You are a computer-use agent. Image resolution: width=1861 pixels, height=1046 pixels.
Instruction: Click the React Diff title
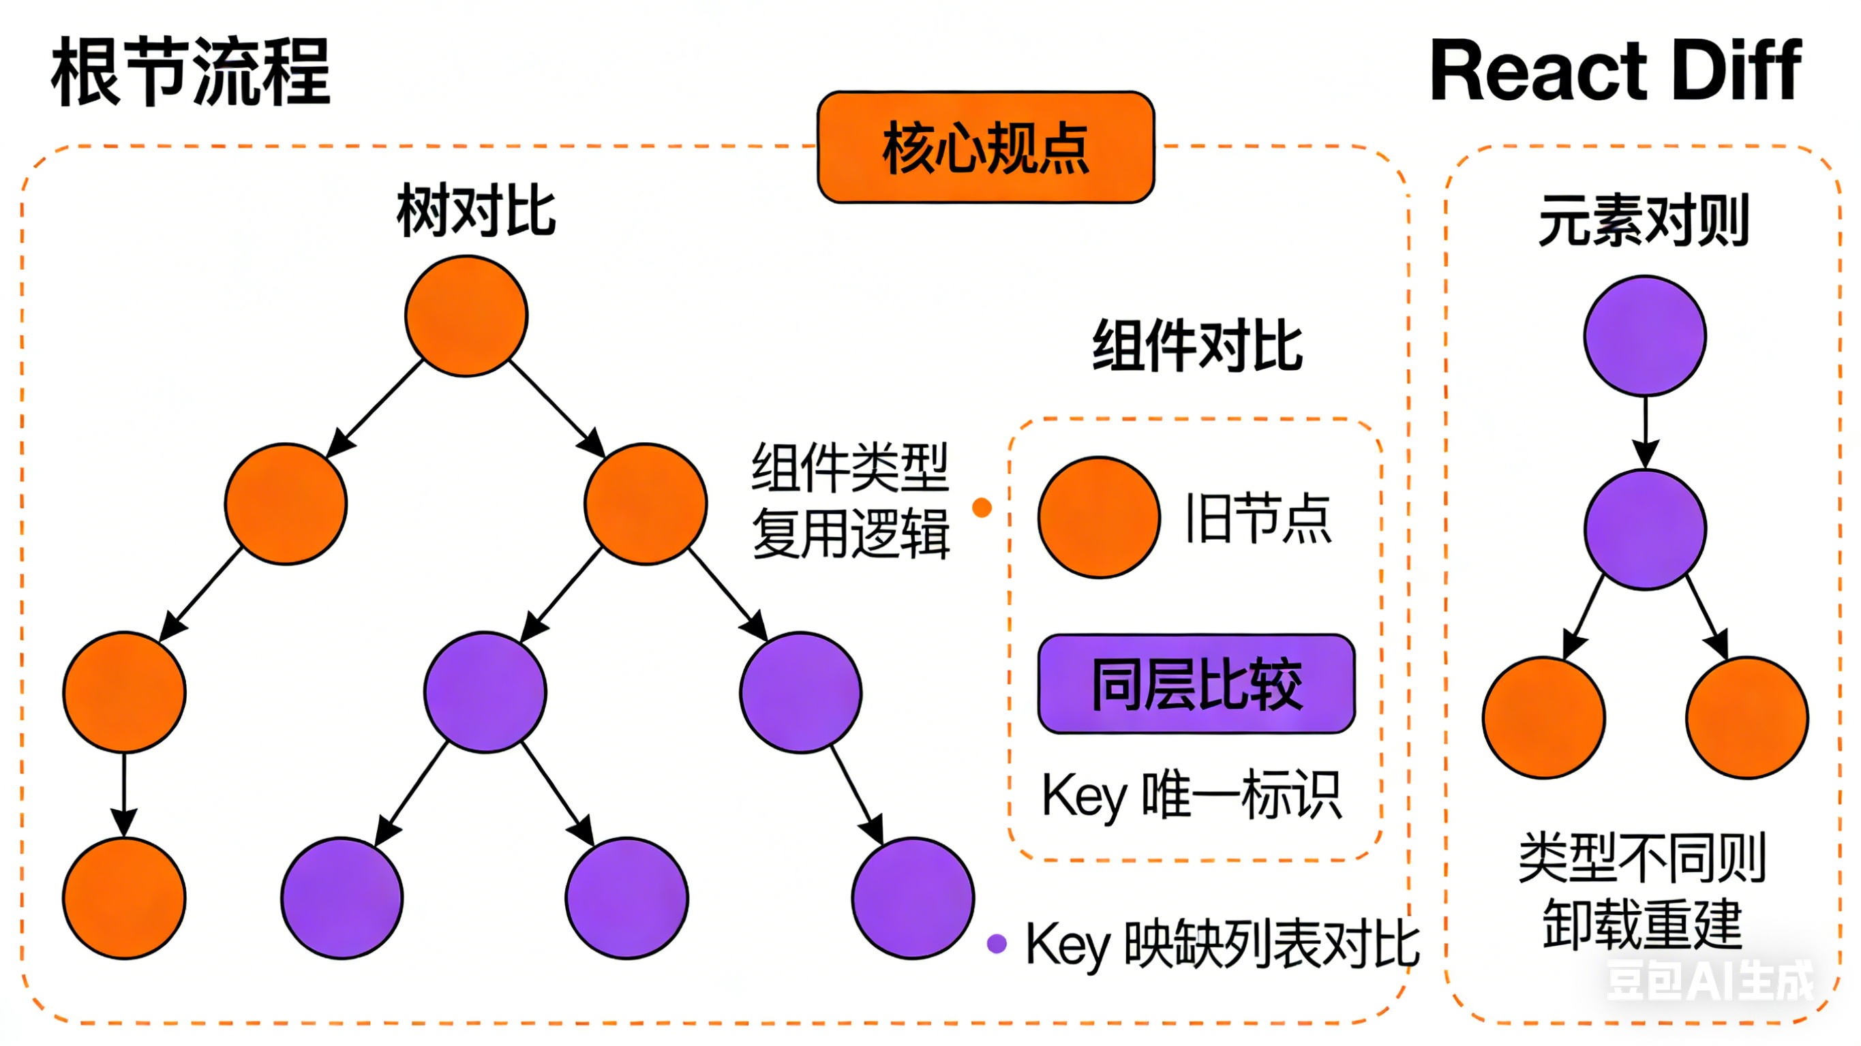pyautogui.click(x=1616, y=72)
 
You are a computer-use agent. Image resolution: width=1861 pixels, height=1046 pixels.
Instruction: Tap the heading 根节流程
pyautogui.click(x=191, y=72)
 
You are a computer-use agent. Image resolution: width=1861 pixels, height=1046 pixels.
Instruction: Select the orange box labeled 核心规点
pyautogui.click(x=986, y=147)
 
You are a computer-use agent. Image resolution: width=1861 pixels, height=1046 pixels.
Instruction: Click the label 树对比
pyautogui.click(x=476, y=211)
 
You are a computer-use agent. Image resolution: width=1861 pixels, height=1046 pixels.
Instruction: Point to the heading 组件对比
pyautogui.click(x=1198, y=347)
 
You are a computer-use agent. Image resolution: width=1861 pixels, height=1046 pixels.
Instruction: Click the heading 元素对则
pyautogui.click(x=1644, y=220)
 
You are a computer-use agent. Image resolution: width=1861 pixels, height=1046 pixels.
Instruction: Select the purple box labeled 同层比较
pyautogui.click(x=1196, y=684)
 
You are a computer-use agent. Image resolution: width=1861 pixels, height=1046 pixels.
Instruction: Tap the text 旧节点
pyautogui.click(x=1258, y=519)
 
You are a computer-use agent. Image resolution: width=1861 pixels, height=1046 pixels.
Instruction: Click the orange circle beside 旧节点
pyautogui.click(x=1099, y=517)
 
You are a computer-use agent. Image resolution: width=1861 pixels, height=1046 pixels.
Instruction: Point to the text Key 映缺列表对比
pyautogui.click(x=1222, y=944)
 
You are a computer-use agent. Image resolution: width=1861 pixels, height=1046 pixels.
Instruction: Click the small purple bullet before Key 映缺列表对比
pyautogui.click(x=997, y=943)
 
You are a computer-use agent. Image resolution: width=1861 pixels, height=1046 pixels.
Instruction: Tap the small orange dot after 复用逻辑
pyautogui.click(x=982, y=508)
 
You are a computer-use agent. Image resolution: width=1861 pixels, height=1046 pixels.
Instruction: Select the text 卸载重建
pyautogui.click(x=1642, y=924)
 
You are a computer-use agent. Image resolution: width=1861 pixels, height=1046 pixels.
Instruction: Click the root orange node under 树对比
pyautogui.click(x=467, y=316)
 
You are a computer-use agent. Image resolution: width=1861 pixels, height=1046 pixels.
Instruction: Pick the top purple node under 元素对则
pyautogui.click(x=1645, y=336)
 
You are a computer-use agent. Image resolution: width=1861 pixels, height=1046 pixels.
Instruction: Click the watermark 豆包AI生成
pyautogui.click(x=1709, y=981)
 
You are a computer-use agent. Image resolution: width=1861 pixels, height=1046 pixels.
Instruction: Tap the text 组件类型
pyautogui.click(x=850, y=468)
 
